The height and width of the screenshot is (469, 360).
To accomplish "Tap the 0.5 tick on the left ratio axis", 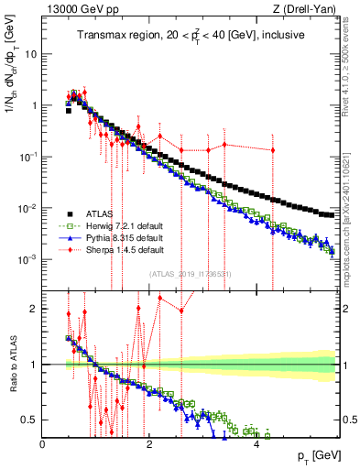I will [x=27, y=420].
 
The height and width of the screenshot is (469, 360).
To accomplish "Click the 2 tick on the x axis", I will [x=149, y=443].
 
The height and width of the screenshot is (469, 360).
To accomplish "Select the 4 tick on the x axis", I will [x=256, y=443].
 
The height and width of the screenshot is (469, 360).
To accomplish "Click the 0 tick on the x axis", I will [x=42, y=443].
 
